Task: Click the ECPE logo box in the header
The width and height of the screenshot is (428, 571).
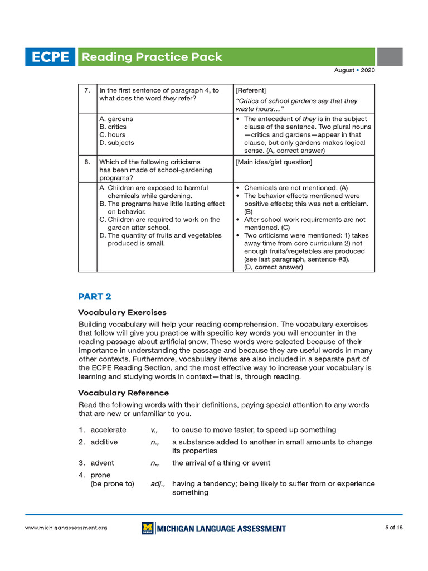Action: click(50, 57)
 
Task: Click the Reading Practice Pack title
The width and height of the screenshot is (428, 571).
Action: click(152, 57)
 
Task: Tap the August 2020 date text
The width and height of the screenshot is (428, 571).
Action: click(354, 71)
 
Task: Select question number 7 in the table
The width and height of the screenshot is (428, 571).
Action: click(87, 90)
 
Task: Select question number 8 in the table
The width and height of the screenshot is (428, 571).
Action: click(87, 162)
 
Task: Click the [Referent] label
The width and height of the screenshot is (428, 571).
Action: click(251, 90)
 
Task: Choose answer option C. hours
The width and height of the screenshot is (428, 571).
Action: click(112, 135)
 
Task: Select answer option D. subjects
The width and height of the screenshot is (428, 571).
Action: click(116, 143)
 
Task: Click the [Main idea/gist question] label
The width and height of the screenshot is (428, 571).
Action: click(274, 162)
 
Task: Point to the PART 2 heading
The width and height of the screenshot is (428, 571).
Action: click(94, 297)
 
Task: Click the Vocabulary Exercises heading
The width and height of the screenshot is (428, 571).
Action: click(122, 312)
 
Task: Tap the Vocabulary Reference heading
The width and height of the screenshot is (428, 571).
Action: click(123, 393)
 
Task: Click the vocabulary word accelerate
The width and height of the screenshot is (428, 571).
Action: click(108, 430)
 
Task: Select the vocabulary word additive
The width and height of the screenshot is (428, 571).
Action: click(104, 442)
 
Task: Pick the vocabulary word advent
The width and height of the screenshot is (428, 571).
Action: click(102, 463)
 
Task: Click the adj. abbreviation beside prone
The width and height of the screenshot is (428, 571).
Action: click(158, 484)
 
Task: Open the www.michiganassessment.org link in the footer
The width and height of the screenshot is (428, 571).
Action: click(66, 528)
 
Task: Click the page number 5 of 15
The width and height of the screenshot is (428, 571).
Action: click(393, 528)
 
